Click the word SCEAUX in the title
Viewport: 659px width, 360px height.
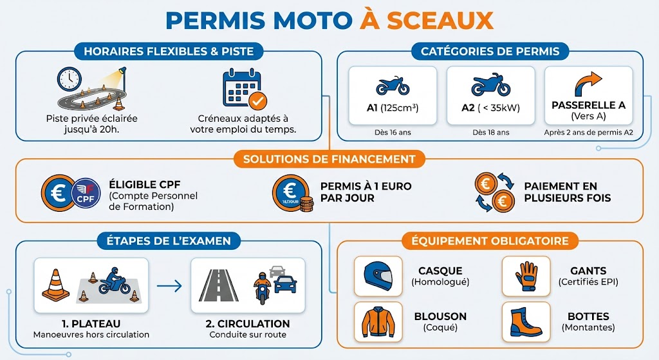coord(440,20)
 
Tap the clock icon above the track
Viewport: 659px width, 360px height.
coord(70,79)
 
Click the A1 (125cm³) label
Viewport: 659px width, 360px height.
coord(393,108)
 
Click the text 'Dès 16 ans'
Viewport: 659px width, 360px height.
coord(393,133)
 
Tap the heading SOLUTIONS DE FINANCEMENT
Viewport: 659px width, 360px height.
coord(329,160)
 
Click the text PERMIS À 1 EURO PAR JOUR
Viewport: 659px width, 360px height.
coord(366,192)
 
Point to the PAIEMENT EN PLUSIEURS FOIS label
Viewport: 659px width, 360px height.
coord(568,192)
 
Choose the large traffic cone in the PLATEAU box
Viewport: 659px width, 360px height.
coord(55,285)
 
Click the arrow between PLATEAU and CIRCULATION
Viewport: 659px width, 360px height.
coord(169,287)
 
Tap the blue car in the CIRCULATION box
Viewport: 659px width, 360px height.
coord(285,284)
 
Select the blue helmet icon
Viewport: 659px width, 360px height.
coord(378,276)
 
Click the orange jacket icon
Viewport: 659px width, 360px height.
coord(378,322)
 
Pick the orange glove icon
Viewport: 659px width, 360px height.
coord(526,276)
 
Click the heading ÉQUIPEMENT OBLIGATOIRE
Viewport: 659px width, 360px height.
coord(490,241)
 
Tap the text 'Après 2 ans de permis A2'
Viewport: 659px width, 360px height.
coord(588,133)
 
